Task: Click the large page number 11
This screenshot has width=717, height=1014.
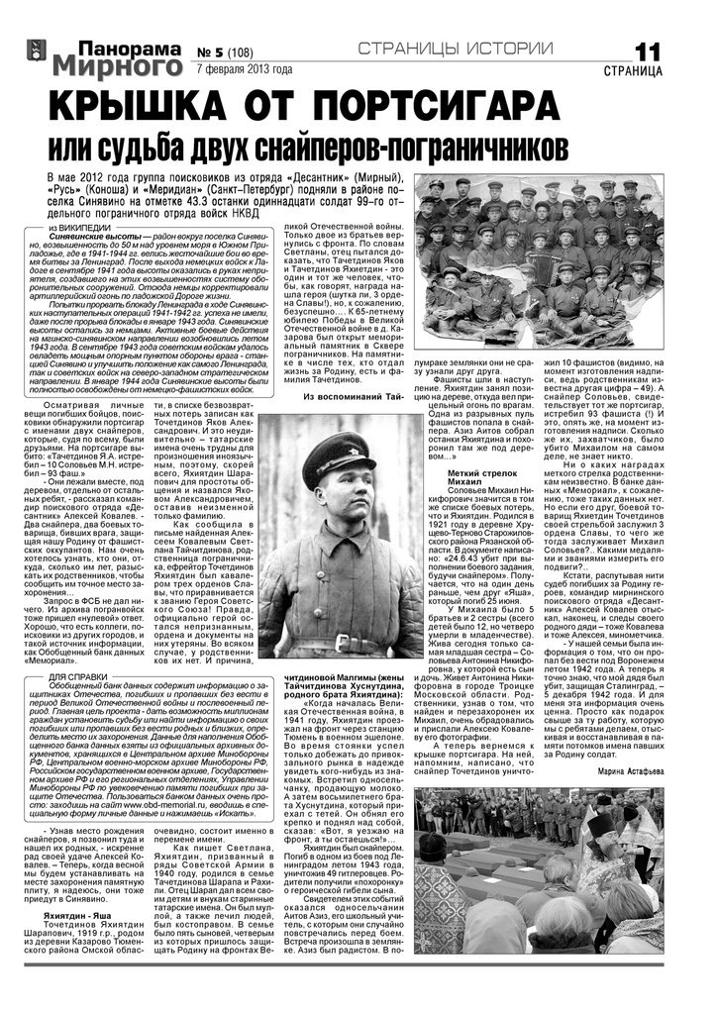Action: (648, 53)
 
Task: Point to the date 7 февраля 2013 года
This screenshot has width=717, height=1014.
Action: (245, 70)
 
